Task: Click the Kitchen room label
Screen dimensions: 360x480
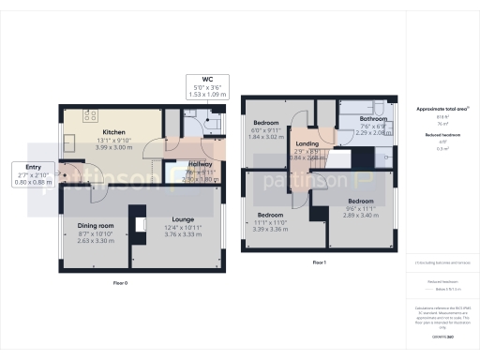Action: [114, 132]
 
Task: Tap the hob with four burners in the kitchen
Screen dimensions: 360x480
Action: [91, 116]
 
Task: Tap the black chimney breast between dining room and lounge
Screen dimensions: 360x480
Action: [139, 225]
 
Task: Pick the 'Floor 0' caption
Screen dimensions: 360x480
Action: [120, 282]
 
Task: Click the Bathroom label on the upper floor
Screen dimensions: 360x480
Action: [374, 119]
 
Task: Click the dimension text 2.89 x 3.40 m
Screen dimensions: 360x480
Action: [361, 215]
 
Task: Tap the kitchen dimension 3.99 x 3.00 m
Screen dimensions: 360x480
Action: [114, 147]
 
